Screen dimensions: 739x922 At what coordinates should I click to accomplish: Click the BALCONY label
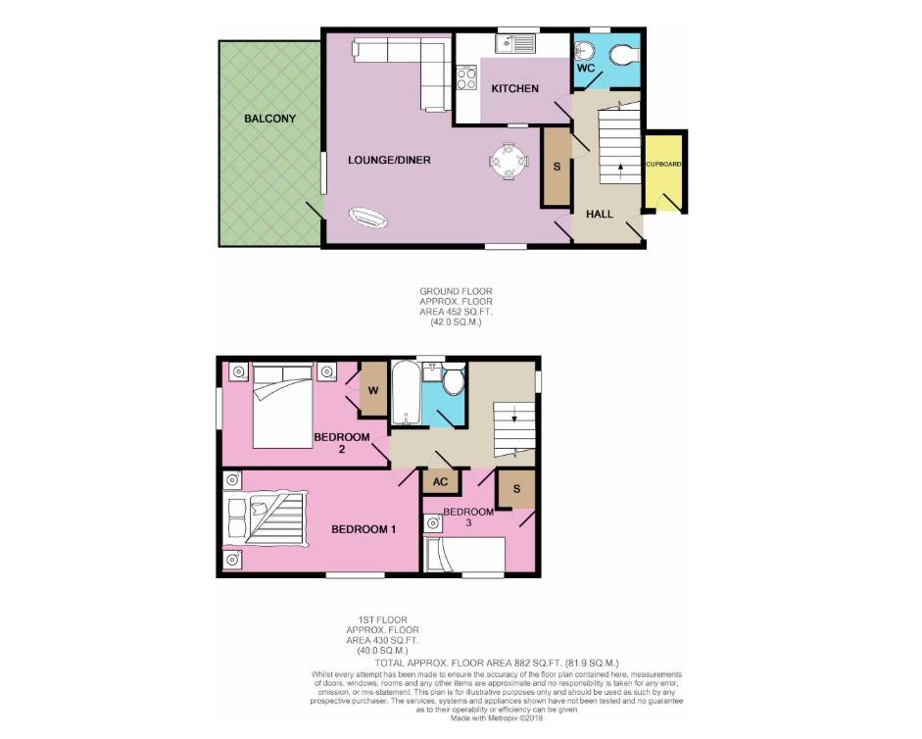point(269,119)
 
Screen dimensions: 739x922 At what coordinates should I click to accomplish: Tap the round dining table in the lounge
point(508,161)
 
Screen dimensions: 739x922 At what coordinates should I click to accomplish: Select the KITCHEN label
point(514,89)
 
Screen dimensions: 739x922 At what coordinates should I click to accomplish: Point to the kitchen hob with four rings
point(466,75)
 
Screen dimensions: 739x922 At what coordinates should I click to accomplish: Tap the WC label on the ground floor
point(585,69)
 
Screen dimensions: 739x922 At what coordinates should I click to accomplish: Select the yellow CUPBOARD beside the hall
point(663,172)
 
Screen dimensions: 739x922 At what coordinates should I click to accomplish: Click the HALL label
point(600,214)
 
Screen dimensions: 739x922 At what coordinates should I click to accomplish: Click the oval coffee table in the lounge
point(368,218)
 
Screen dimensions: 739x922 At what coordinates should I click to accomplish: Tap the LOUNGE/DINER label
point(389,160)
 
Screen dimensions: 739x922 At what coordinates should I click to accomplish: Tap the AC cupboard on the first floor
point(440,482)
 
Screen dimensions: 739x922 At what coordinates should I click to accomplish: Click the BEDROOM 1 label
point(363,529)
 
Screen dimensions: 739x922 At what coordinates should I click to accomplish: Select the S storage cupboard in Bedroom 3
point(515,487)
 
